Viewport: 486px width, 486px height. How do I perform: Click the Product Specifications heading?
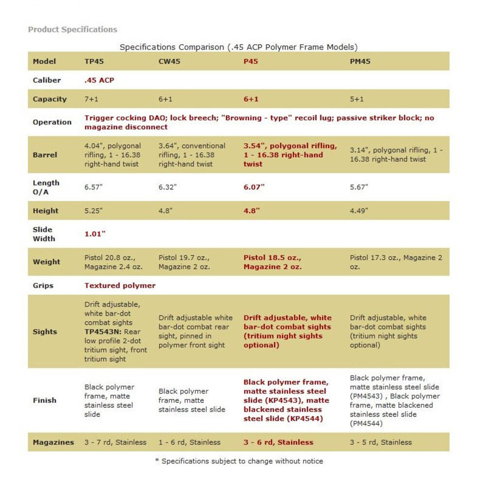tap(72, 30)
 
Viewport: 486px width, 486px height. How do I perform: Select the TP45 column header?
tap(94, 62)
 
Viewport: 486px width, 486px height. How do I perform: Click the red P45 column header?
tap(251, 62)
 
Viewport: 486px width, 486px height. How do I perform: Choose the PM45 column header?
tap(360, 62)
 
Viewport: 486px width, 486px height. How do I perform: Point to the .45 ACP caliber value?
tap(99, 80)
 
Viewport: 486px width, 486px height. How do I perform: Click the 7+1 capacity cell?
tap(91, 99)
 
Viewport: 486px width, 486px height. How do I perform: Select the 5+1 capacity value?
tap(357, 99)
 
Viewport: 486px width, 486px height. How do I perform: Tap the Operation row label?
tap(52, 122)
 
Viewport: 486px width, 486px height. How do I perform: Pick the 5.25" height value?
tap(94, 211)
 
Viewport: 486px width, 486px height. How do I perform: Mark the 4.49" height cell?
tap(359, 211)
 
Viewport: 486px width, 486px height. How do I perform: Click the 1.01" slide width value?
tap(95, 234)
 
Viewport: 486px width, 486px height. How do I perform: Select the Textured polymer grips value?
tap(120, 286)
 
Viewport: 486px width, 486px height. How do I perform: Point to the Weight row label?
tap(46, 262)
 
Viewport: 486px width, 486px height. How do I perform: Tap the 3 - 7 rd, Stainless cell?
tap(115, 442)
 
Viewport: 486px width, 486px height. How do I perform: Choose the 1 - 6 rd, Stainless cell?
tap(189, 442)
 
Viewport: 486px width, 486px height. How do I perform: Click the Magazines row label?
tap(53, 442)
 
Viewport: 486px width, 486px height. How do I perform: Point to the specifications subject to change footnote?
tap(239, 461)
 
